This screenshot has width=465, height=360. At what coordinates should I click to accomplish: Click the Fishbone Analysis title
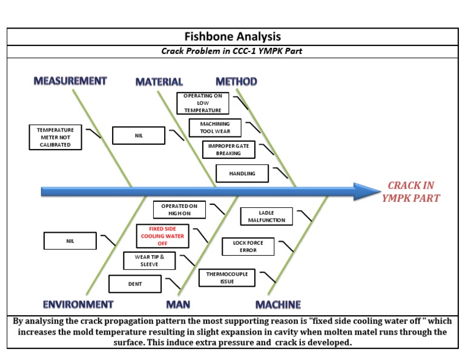pos(232,37)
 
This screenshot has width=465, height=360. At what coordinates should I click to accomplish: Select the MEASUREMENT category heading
pos(70,81)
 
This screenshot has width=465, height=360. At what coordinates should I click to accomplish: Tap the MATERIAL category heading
pos(159,82)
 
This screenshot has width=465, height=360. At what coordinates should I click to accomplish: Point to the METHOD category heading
pos(236,81)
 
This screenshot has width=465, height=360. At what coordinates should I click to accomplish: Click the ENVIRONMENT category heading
pos(78,304)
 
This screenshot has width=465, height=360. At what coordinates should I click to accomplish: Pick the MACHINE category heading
pos(278,304)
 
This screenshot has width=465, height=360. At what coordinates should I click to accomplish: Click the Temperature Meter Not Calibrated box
pos(55,137)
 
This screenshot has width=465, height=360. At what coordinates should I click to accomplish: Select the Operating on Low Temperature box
pos(203,103)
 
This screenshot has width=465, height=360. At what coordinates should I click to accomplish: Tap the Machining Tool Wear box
pos(215,127)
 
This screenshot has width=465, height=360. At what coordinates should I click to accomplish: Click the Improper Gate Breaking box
pos(228,150)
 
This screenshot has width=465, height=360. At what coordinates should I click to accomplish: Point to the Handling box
pos(242,173)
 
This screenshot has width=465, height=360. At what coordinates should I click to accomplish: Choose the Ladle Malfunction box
pos(266,216)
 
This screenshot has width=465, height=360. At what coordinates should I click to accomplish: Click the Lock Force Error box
pos(248,246)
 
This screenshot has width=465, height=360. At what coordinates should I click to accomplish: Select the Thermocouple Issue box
pos(227,278)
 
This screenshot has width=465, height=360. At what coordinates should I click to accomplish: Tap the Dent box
pos(135,284)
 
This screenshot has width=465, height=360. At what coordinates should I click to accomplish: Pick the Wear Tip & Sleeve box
pos(149,261)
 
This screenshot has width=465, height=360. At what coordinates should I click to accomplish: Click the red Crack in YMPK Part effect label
pos(411,192)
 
